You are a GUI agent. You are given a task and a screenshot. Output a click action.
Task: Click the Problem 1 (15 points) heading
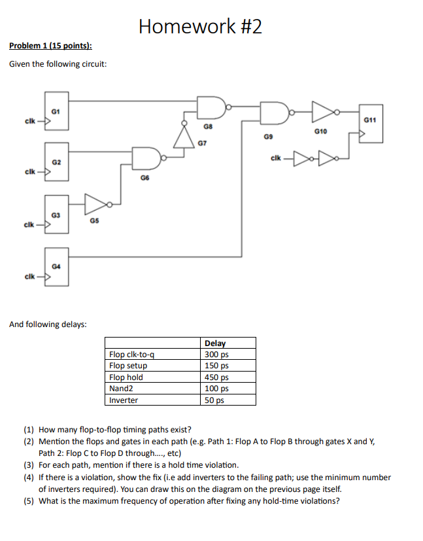click(x=50, y=46)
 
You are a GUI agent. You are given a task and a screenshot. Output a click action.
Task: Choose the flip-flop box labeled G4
click(x=56, y=267)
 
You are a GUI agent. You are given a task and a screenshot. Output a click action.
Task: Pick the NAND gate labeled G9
click(x=271, y=112)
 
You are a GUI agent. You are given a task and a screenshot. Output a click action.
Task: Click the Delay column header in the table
click(x=215, y=343)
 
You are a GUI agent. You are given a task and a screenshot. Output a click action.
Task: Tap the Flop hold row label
click(x=126, y=377)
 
